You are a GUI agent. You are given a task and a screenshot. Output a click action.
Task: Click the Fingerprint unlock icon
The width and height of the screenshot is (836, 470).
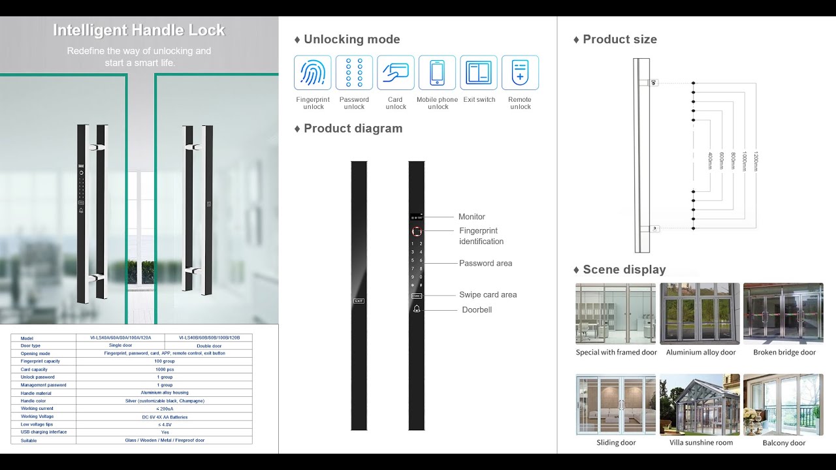coord(313,72)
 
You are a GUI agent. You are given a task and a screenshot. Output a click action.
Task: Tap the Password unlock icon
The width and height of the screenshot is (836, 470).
coord(354,72)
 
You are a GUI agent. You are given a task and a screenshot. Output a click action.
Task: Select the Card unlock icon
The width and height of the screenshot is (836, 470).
coord(396,72)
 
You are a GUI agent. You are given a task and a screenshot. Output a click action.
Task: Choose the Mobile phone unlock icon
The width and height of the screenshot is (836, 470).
coord(437,72)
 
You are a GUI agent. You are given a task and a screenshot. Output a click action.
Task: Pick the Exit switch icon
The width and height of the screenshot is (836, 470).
coord(479,72)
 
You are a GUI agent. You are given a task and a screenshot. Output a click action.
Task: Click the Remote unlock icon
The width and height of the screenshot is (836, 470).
coord(520,72)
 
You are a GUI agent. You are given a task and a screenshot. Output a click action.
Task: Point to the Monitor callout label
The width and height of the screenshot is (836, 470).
coord(472,217)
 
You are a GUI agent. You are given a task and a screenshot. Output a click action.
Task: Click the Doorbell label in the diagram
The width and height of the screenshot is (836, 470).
coord(477,309)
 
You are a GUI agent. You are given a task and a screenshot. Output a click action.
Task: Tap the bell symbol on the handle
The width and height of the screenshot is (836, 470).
coord(417,309)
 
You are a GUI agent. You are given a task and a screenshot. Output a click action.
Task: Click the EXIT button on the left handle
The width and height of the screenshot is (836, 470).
coord(359,301)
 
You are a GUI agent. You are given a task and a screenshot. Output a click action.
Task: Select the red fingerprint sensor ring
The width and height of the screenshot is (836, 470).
coord(417,231)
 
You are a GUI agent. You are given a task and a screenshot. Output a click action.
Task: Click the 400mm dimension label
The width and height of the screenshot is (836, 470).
coord(710,161)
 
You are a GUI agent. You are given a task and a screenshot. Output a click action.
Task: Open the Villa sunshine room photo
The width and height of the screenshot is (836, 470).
coord(699,404)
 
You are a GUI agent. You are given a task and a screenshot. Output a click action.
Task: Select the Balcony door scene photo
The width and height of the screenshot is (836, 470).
coord(783,404)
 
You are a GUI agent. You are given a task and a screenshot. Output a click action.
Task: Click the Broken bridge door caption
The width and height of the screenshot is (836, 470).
coord(784,352)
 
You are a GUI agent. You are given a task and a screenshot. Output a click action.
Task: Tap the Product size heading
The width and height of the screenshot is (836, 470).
coord(619,39)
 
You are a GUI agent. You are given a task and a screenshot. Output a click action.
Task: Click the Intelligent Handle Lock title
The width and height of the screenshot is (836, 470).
coord(138,30)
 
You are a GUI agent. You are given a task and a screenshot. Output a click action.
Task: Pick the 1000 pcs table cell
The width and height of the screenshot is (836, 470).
coord(164,369)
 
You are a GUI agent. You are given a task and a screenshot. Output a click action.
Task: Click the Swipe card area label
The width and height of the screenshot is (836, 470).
coord(488,294)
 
